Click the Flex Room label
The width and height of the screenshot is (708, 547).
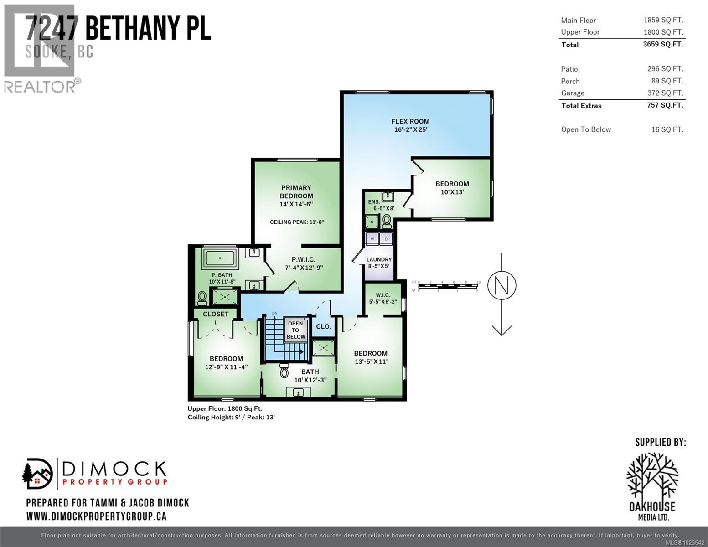pos(410,121)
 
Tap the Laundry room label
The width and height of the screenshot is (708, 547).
pos(379,259)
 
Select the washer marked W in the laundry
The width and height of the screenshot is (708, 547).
pos(372,239)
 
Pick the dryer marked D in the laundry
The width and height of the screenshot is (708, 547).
pos(386,239)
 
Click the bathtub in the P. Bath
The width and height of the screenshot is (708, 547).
pos(220,258)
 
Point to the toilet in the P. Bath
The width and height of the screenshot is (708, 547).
pos(202,298)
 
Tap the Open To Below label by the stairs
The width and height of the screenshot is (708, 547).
pos(296,330)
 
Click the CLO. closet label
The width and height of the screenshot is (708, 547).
pos(323,326)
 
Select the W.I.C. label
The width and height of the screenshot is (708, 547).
pos(383,295)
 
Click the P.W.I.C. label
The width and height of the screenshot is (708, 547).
pos(304,259)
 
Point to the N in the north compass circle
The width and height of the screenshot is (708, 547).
pos(501,285)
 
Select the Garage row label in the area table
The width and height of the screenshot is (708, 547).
pos(573,93)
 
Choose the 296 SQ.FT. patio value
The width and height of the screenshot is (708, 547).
pos(667,69)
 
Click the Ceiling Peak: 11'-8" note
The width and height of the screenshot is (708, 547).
pos(297,222)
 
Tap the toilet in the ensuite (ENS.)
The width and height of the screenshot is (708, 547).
pos(387,221)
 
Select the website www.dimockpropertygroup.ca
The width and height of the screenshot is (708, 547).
pos(96,516)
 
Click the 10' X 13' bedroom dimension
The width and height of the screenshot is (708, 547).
pos(452,192)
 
